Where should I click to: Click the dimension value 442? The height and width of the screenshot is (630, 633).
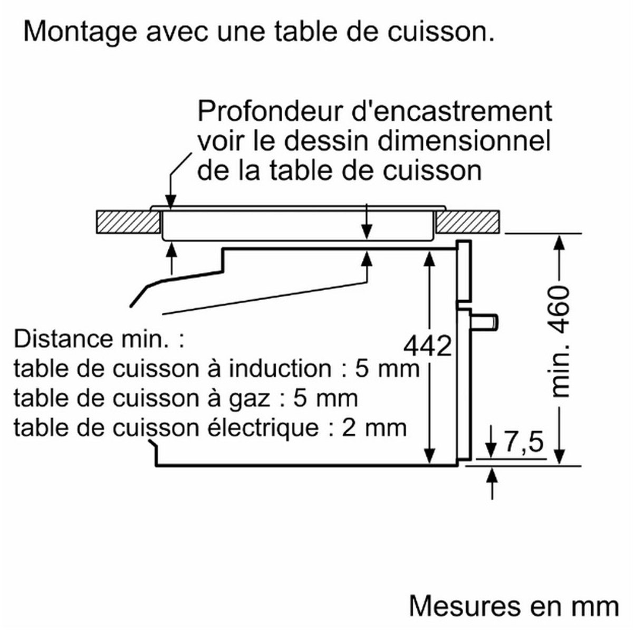point(427,346)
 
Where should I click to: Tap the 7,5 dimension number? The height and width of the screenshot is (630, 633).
point(524,442)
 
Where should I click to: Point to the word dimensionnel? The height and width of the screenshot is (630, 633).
point(464,141)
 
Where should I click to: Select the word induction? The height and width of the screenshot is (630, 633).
point(280,368)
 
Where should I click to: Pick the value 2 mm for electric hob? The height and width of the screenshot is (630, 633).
point(374,427)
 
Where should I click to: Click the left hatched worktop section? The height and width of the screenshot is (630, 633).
point(128,222)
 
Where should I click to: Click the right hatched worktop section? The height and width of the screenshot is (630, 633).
point(468,222)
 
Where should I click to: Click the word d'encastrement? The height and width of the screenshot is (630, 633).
point(452,111)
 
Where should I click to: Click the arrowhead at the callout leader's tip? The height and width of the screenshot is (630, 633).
point(171,202)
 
